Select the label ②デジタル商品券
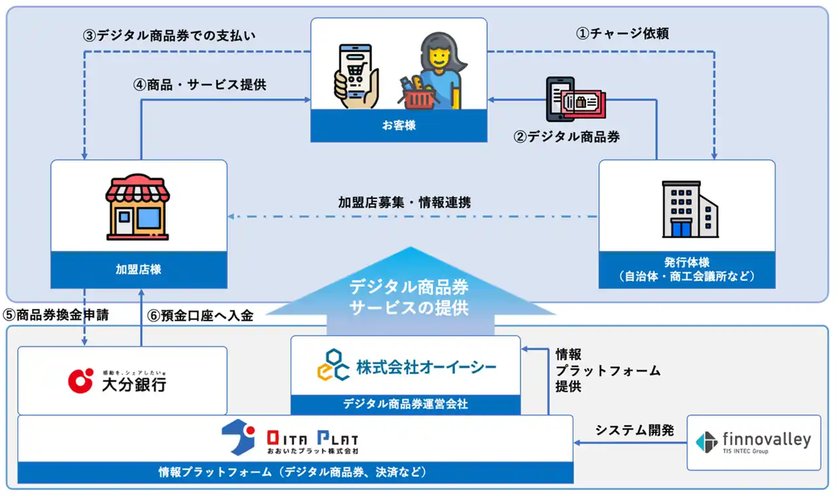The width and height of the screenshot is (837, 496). [x=566, y=137]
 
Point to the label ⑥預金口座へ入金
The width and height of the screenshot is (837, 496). [x=200, y=315]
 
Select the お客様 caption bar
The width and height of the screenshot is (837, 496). [x=398, y=125]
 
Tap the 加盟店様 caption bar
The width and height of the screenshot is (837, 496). [x=139, y=270]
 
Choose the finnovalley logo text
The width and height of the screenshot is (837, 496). [x=766, y=440]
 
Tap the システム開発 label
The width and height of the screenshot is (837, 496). [x=634, y=430]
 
